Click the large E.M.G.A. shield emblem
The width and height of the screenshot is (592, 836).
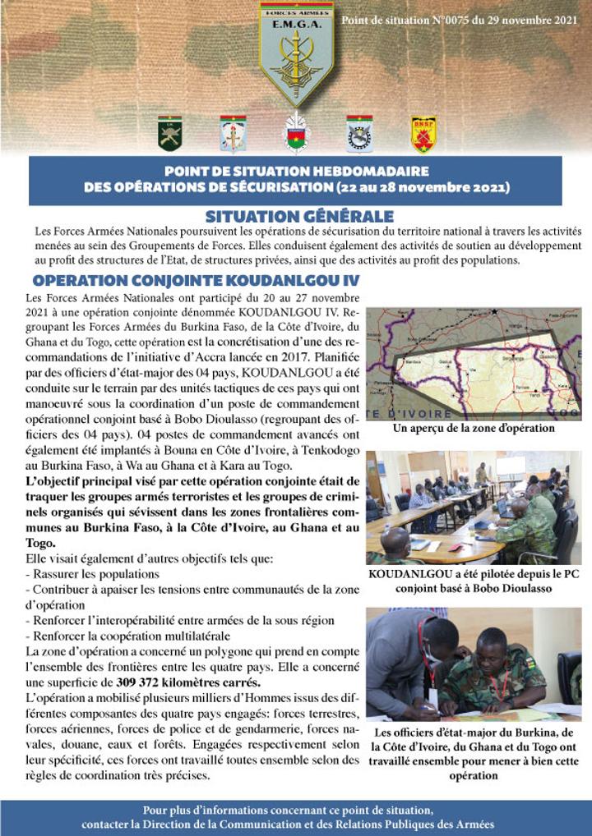[x=296, y=51]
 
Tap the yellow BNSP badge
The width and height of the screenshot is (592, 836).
[x=423, y=134]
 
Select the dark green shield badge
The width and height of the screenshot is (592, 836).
[x=169, y=133]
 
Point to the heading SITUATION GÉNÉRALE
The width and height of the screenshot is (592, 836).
[x=299, y=217]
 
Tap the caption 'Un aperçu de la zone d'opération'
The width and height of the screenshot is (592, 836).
[x=473, y=428]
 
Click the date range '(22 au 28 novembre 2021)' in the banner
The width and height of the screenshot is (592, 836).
[x=422, y=187]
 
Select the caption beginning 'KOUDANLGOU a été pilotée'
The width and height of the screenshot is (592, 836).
[x=473, y=581]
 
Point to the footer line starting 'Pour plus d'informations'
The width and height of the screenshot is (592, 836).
[x=296, y=809]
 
